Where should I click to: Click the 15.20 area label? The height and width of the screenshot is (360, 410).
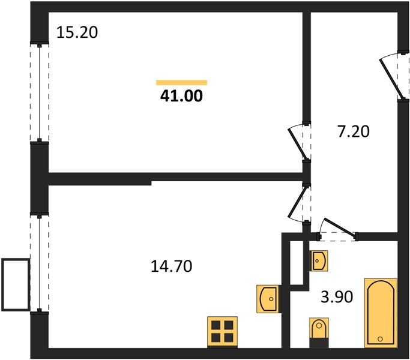(77, 32)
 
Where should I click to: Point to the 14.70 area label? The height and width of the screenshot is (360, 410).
(172, 265)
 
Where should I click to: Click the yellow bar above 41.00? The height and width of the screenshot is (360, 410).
(181, 82)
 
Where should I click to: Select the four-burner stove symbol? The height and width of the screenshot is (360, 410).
(222, 331)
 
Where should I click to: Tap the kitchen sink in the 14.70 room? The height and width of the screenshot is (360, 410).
(268, 296)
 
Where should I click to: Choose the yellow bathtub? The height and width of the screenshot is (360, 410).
(381, 312)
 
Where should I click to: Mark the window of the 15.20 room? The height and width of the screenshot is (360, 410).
(39, 92)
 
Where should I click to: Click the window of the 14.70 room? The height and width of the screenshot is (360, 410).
(39, 264)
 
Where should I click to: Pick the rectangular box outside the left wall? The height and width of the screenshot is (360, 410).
(16, 284)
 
